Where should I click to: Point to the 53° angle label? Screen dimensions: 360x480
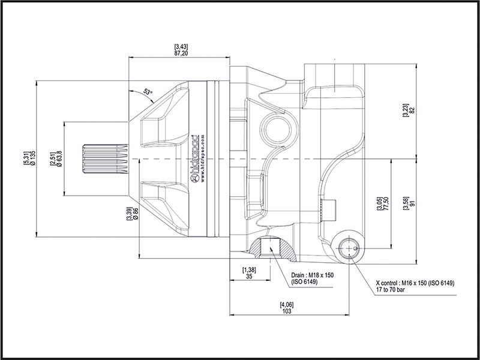click(x=148, y=92)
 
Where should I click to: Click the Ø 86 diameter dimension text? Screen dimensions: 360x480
click(x=137, y=215)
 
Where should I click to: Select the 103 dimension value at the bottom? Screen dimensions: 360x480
click(x=287, y=312)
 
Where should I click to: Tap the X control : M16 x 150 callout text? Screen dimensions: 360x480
click(x=414, y=283)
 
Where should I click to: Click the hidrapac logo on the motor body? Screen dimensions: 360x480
click(x=195, y=158)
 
